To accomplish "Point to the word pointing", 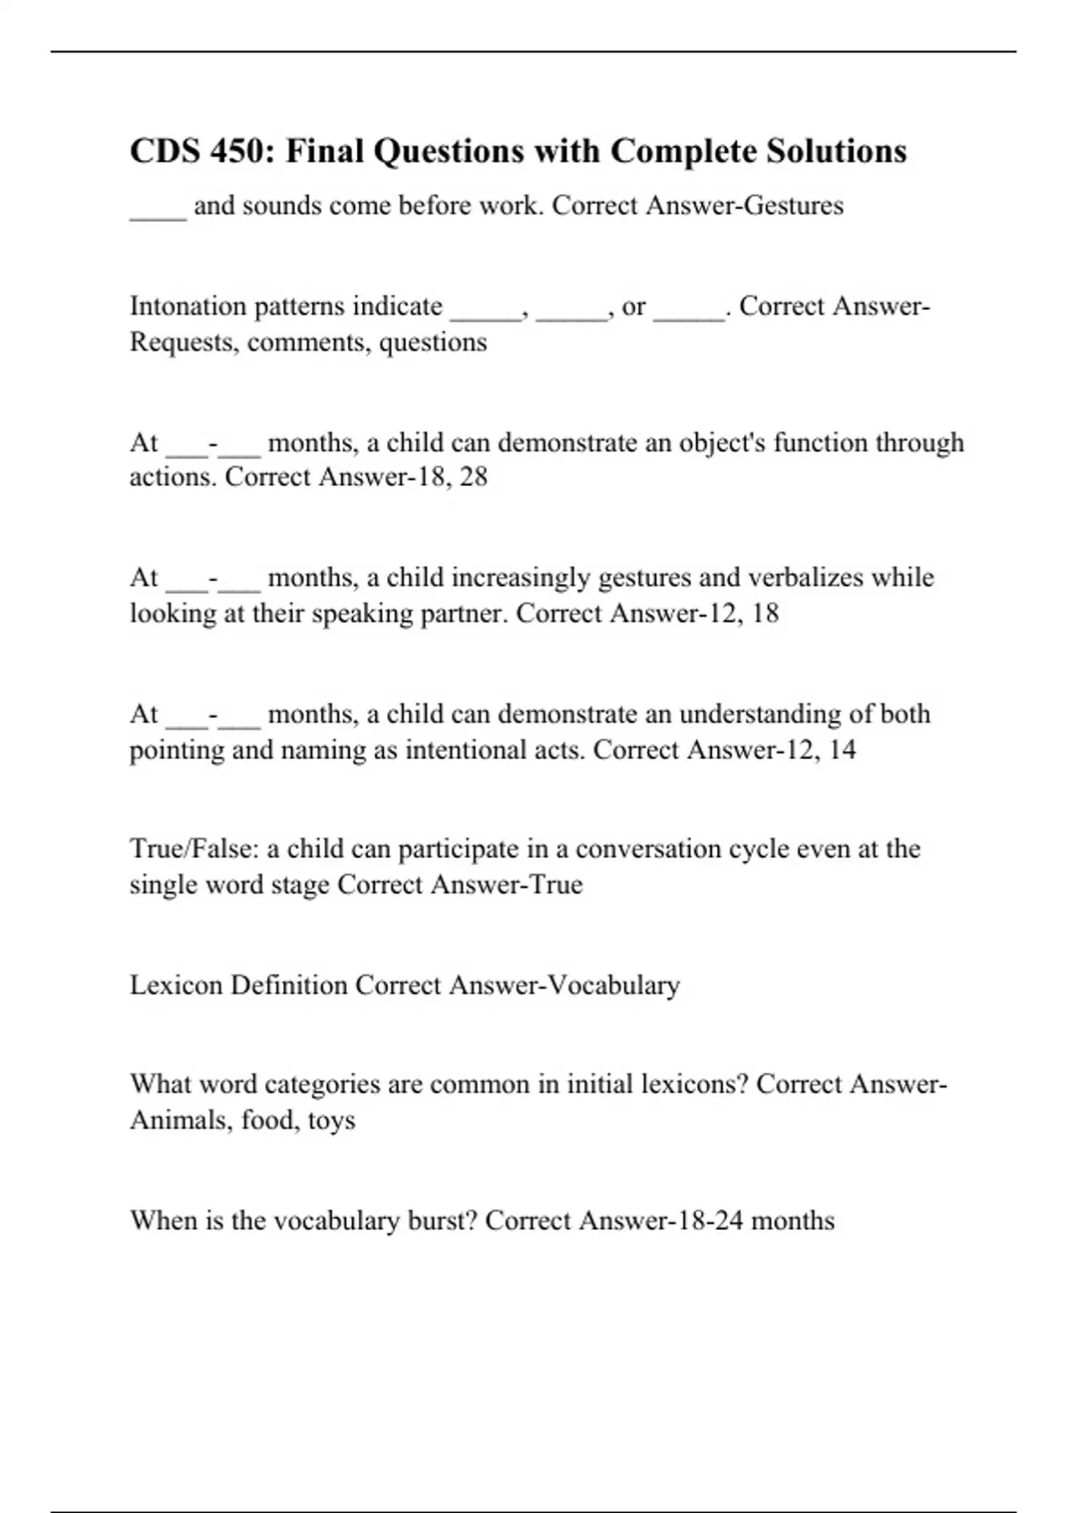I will (176, 750).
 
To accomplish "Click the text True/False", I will (193, 849).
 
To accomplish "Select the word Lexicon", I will (175, 985).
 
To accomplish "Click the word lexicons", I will (688, 1084).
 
